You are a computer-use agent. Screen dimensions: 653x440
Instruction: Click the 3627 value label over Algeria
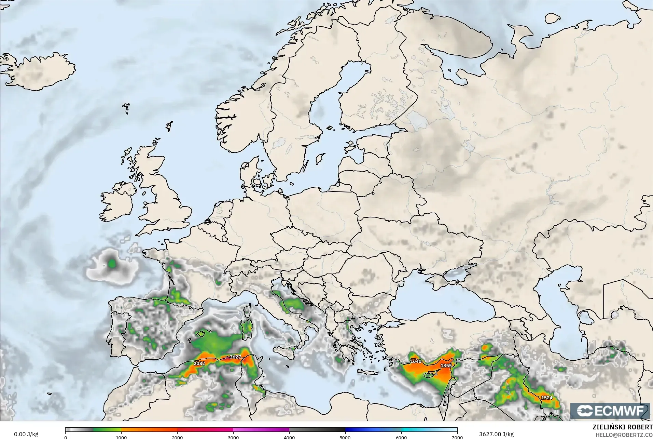pyautogui.click(x=235, y=357)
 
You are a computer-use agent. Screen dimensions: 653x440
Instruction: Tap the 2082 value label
pyautogui.click(x=199, y=363)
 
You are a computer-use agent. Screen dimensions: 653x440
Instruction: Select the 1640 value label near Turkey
pyautogui.click(x=416, y=361)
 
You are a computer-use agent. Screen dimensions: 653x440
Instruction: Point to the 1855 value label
pyautogui.click(x=446, y=365)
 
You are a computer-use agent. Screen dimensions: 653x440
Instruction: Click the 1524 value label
pyautogui.click(x=546, y=398)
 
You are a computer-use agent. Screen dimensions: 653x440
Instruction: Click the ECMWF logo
pyautogui.click(x=610, y=411)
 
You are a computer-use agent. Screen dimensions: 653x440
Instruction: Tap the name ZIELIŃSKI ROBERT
pyautogui.click(x=622, y=428)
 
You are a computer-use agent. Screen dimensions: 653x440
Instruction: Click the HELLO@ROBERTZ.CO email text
pyautogui.click(x=624, y=435)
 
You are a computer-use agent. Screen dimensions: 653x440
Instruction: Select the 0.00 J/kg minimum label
pyautogui.click(x=26, y=434)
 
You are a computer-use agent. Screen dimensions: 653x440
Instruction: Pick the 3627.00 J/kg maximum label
pyautogui.click(x=496, y=434)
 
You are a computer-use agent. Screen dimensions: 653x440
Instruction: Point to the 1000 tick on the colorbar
pyautogui.click(x=121, y=437)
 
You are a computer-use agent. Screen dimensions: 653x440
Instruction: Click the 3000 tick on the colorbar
pyautogui.click(x=233, y=437)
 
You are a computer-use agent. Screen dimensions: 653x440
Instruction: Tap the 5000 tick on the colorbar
pyautogui.click(x=345, y=437)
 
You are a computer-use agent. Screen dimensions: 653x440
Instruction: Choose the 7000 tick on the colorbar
pyautogui.click(x=457, y=437)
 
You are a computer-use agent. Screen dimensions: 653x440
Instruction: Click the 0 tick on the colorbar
pyautogui.click(x=66, y=437)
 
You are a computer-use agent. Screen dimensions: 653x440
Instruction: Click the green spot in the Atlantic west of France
pyautogui.click(x=112, y=264)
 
